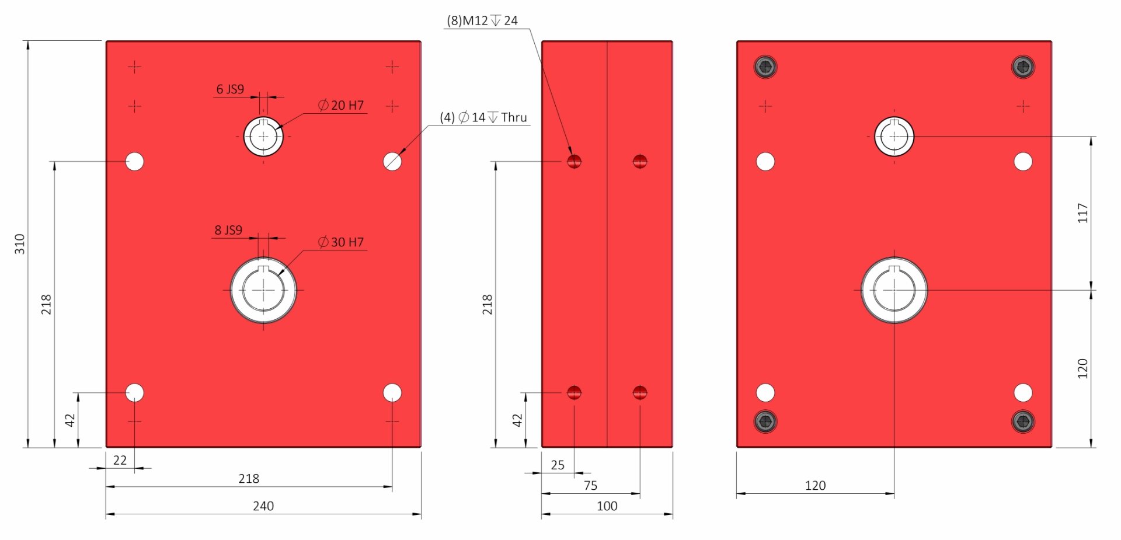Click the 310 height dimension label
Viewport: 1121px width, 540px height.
(x=20, y=244)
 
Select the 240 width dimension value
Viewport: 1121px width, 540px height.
(x=263, y=506)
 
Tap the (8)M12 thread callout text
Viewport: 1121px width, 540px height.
(x=482, y=21)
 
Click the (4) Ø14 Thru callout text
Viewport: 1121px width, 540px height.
(x=483, y=117)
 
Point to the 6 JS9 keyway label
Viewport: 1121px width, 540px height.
(x=230, y=89)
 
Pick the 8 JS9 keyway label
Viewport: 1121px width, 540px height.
(x=228, y=230)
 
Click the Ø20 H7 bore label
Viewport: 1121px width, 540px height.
(x=341, y=106)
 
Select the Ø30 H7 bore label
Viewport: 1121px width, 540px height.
(x=341, y=242)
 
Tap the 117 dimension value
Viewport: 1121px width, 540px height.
(x=1083, y=213)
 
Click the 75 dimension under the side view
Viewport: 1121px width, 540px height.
(x=590, y=486)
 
